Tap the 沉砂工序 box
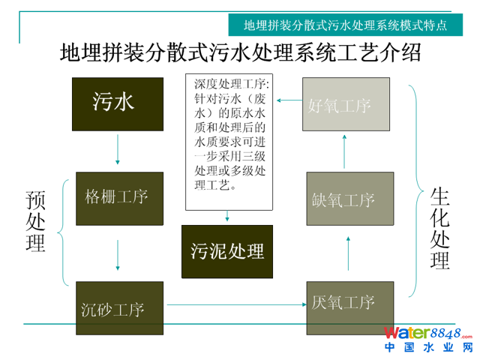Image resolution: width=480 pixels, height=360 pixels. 120,307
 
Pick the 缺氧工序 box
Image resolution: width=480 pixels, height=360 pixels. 350,199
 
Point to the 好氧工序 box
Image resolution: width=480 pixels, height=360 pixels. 346,104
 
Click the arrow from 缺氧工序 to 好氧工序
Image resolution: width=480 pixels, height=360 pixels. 346,151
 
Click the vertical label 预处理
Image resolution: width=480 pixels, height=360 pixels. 34,220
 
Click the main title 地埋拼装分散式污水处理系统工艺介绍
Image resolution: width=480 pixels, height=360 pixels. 240,53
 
